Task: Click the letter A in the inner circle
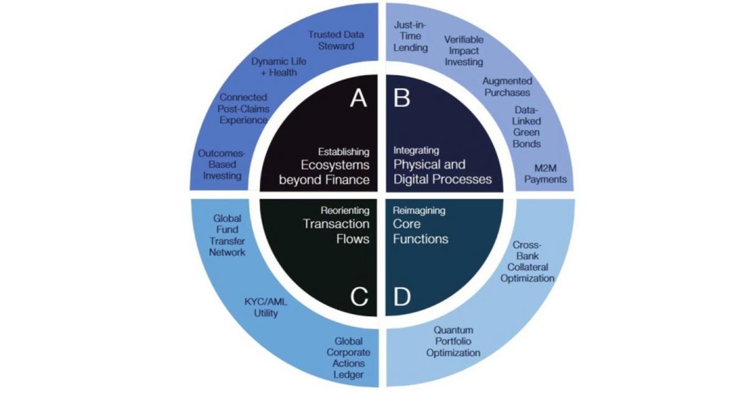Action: [x=358, y=97]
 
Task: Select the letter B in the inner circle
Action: [x=402, y=97]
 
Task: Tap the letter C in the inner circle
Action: [x=359, y=297]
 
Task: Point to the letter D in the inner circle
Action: [x=402, y=297]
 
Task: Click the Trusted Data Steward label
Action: [x=336, y=40]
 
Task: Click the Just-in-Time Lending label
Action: [x=411, y=36]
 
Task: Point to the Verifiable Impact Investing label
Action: [x=464, y=50]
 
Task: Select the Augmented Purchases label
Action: [x=507, y=86]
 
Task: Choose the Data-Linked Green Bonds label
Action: [x=527, y=126]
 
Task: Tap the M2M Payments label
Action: [x=545, y=173]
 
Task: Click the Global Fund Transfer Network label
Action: [x=227, y=235]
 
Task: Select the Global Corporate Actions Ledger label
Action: [x=349, y=358]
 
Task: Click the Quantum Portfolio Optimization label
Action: [x=453, y=341]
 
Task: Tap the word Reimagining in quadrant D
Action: [x=419, y=210]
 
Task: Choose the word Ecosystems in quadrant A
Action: [x=335, y=166]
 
